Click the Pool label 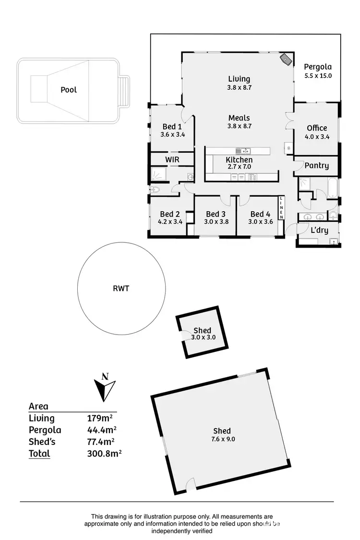pyautogui.click(x=69, y=90)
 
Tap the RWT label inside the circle pyautogui.click(x=122, y=289)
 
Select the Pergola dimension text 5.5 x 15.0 pyautogui.click(x=318, y=76)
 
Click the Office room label pyautogui.click(x=317, y=128)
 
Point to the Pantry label pyautogui.click(x=317, y=166)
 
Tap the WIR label pyautogui.click(x=172, y=159)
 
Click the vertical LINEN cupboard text pyautogui.click(x=282, y=208)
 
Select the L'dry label pyautogui.click(x=319, y=230)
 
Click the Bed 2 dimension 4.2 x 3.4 pyautogui.click(x=170, y=222)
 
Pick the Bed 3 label pyautogui.click(x=216, y=214)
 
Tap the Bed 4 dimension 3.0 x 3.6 pyautogui.click(x=261, y=222)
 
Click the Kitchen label pyautogui.click(x=239, y=160)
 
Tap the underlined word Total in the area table pyautogui.click(x=39, y=454)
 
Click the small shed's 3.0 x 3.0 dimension pyautogui.click(x=203, y=337)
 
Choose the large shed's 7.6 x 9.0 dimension pyautogui.click(x=222, y=439)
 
